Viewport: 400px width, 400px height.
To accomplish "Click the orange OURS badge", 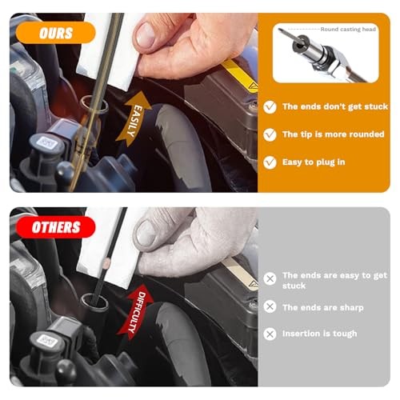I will (55, 33).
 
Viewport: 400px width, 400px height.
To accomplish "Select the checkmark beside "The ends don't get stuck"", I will (270, 106).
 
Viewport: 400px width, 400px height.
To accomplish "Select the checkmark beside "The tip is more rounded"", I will (270, 134).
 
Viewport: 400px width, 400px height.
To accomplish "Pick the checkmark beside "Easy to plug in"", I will (270, 162).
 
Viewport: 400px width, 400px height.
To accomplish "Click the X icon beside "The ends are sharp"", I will (270, 306).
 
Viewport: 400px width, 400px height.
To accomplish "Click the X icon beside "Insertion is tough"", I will (270, 334).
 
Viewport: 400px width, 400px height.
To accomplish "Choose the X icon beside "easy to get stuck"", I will (270, 279).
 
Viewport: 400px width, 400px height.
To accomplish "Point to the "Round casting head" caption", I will (348, 29).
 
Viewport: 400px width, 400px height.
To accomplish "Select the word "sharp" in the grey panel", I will (350, 307).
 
